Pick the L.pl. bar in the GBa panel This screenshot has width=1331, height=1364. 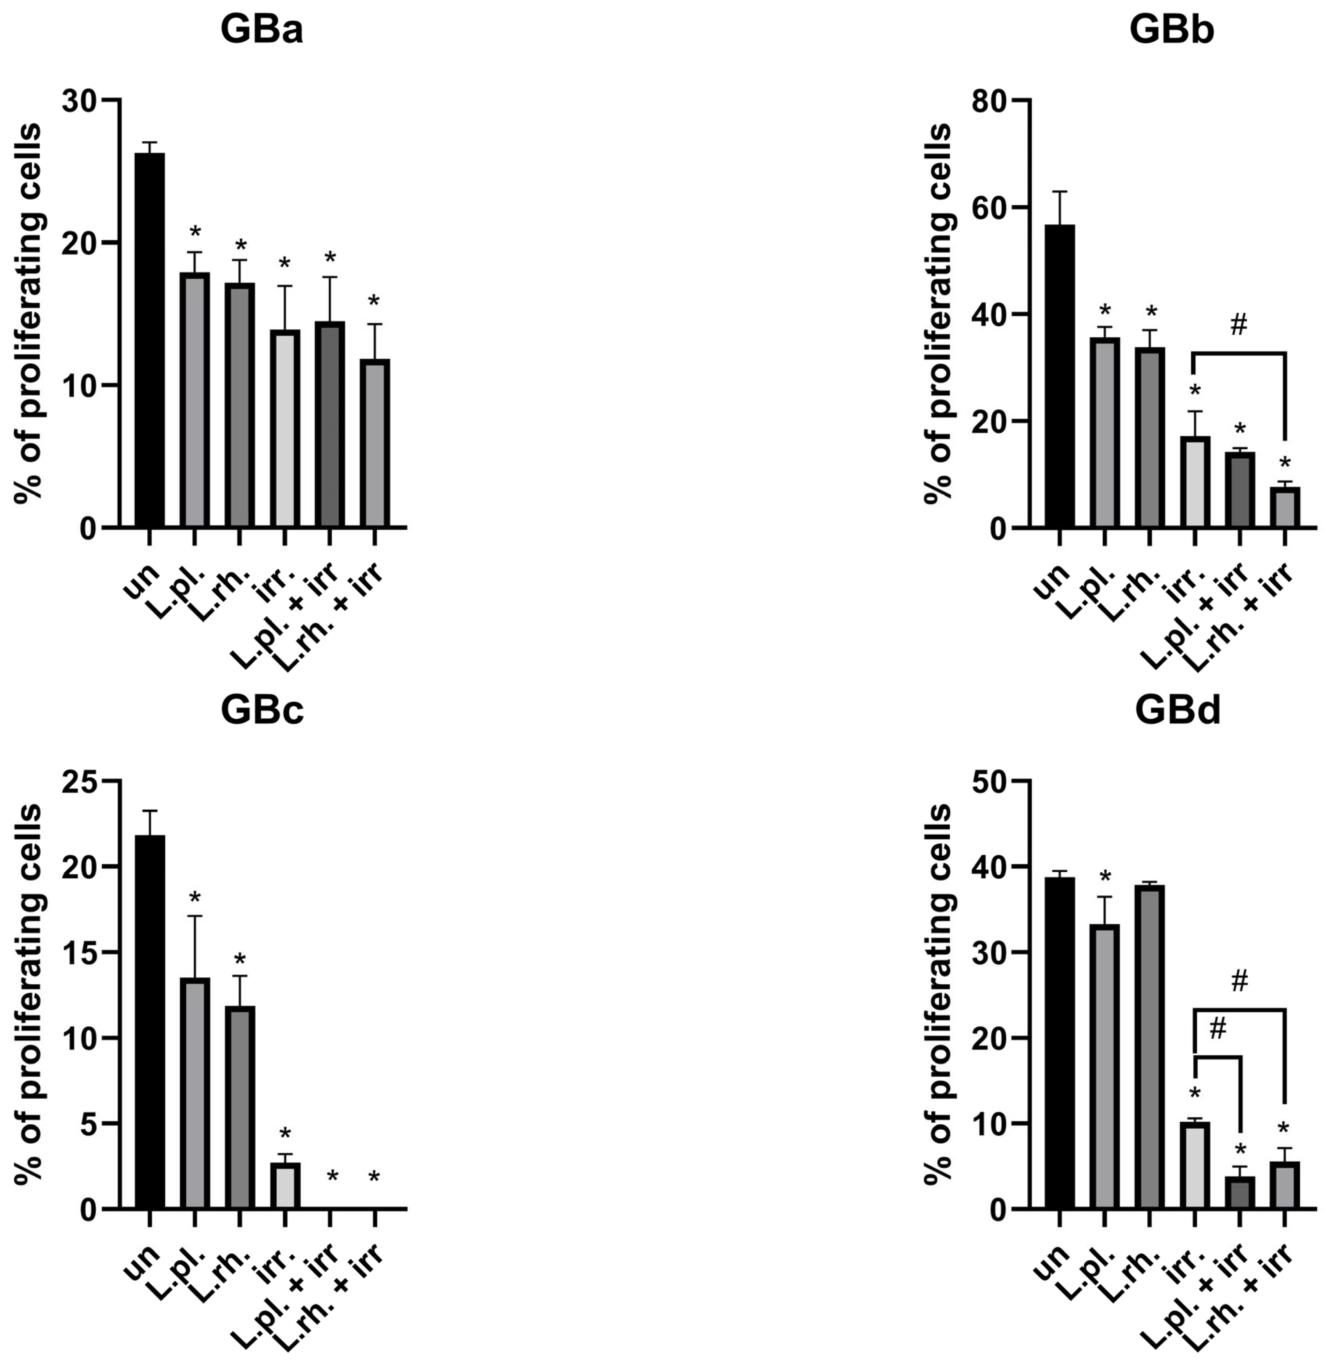coord(194,400)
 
